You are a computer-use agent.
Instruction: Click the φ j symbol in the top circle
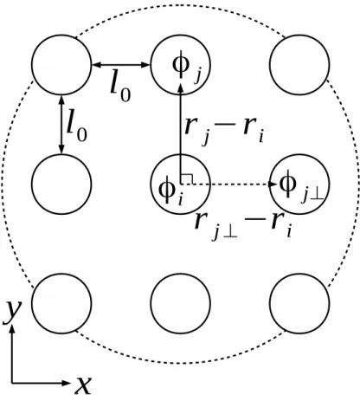(186, 66)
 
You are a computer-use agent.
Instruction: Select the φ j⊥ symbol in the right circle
(301, 186)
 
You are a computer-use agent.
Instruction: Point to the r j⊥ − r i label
(243, 226)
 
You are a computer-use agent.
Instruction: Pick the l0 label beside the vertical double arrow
(76, 126)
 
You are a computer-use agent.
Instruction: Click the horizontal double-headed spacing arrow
(121, 65)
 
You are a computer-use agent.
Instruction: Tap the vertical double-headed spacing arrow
(61, 125)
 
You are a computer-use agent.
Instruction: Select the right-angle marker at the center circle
(187, 178)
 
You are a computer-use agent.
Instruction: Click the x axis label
(83, 385)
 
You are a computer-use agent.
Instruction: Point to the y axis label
(11, 312)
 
